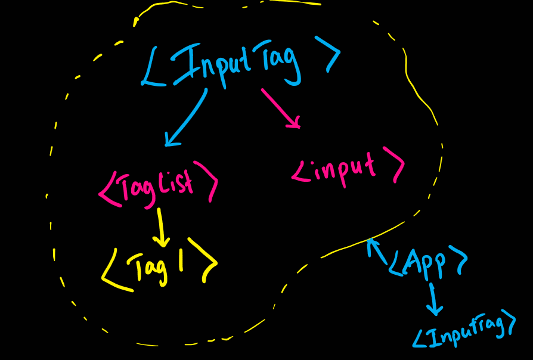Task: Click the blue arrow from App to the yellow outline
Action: (x=377, y=250)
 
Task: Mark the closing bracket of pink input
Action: (x=395, y=164)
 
